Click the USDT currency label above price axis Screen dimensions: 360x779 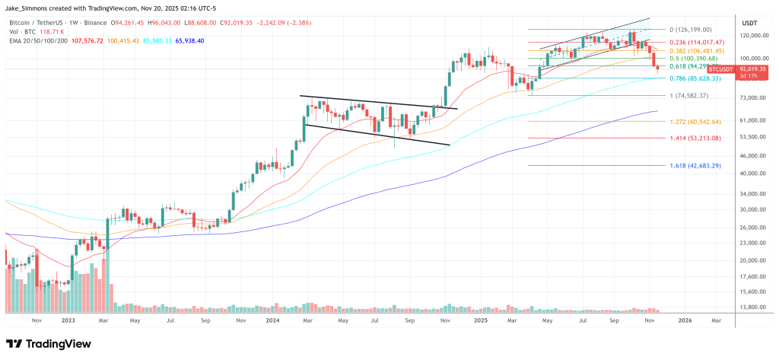(750, 21)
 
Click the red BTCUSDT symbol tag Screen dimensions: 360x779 (720, 68)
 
